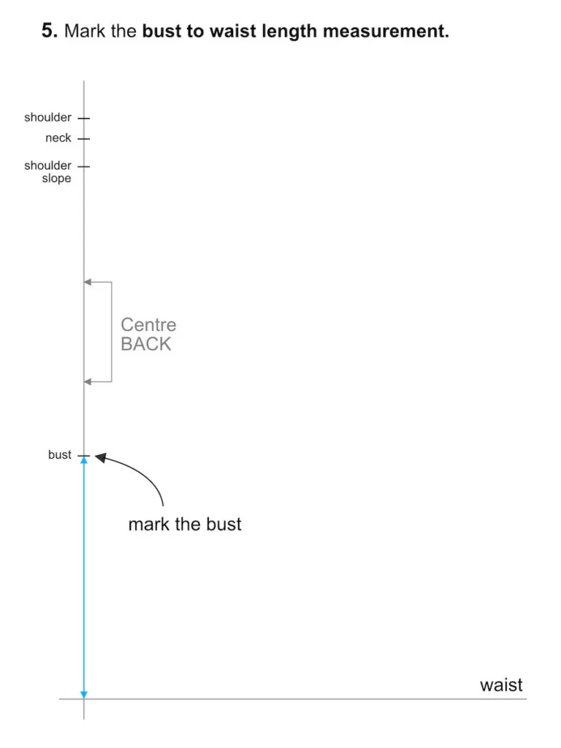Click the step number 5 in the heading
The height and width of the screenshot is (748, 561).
coord(48,31)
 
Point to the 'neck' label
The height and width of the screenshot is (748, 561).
coord(58,138)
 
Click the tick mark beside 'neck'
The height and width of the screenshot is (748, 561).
coord(84,138)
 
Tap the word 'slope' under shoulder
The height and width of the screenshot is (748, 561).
coord(56,179)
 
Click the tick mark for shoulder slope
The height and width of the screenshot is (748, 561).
coord(84,166)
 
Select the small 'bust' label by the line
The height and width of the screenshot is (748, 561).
coord(60,455)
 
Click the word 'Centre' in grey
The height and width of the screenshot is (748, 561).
coord(148,325)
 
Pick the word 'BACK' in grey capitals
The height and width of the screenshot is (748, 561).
coord(146,345)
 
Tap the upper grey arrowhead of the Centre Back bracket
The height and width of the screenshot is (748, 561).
coord(88,282)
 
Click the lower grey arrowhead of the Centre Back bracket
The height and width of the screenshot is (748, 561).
coord(88,382)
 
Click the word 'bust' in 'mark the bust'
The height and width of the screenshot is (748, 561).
coord(224,524)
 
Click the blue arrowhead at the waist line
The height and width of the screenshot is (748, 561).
coord(84,693)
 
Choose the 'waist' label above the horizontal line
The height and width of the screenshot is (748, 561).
coord(501,685)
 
